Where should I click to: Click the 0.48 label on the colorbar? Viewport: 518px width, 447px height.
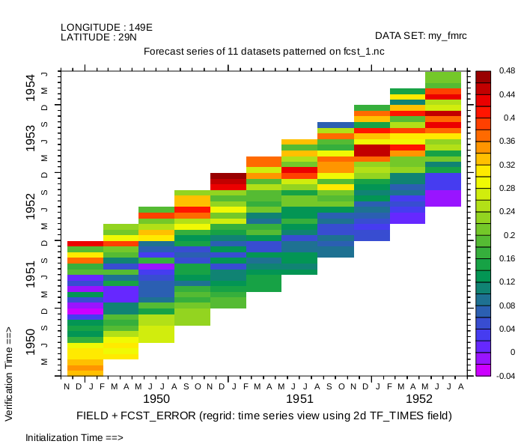pos(507,70)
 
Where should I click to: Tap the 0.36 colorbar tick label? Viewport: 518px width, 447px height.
pos(507,141)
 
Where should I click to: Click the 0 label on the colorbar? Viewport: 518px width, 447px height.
pos(512,352)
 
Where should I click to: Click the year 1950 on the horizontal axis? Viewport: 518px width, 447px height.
pos(156,400)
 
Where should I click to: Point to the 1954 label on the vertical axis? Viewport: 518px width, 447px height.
pos(30,88)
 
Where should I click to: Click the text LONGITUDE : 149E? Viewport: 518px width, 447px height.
pos(106,27)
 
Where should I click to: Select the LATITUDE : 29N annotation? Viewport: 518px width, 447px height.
pos(99,37)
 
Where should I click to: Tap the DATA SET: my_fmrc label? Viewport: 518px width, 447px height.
pos(421,35)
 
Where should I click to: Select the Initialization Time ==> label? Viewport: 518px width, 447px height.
pos(73,437)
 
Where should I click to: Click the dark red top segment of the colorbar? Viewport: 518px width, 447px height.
pos(483,76)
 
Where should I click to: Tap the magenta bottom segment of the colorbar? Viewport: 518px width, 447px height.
pos(483,370)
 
